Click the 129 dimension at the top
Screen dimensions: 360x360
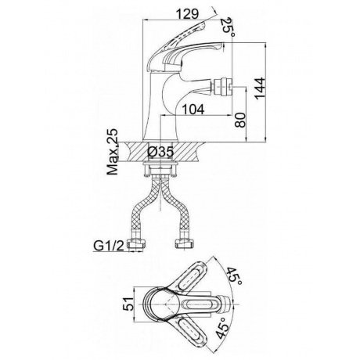click(187, 14)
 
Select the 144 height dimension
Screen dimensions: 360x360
click(260, 88)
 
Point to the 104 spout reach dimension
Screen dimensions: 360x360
click(193, 110)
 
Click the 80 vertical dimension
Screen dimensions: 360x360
click(240, 120)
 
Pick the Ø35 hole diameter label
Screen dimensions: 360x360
click(160, 152)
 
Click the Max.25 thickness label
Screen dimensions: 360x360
click(113, 152)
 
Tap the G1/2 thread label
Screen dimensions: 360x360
click(109, 246)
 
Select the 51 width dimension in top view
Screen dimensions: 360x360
click(128, 304)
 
